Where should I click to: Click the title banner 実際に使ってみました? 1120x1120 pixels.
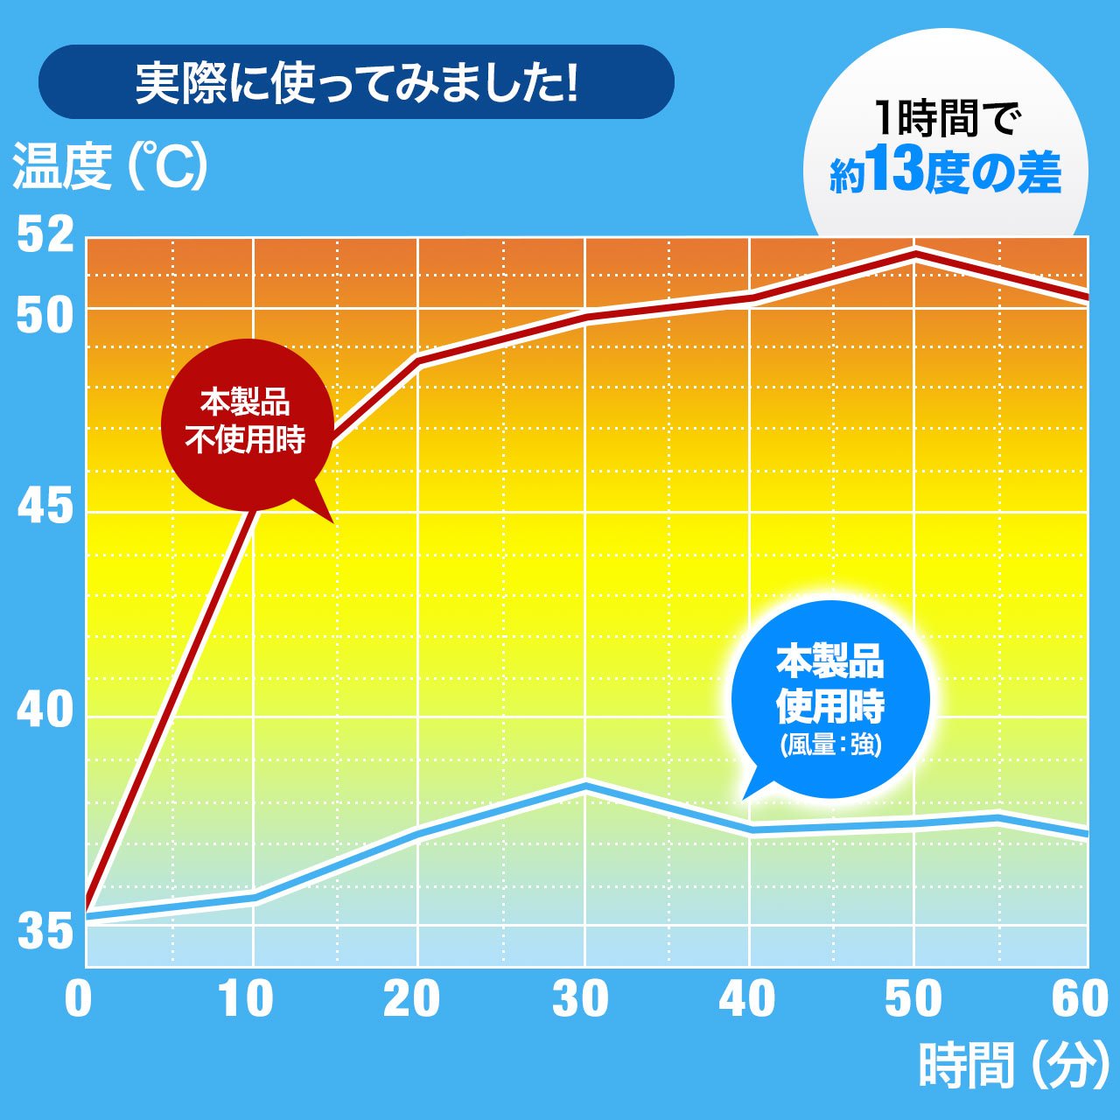point(356,82)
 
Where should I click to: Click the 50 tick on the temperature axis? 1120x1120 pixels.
point(45,316)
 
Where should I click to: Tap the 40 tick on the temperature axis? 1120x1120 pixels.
point(45,710)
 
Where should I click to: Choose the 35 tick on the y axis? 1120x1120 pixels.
point(45,932)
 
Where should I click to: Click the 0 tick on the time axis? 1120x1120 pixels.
point(78,998)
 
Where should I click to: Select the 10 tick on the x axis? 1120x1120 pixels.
point(246,998)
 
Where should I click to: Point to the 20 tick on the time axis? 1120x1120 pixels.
point(411,998)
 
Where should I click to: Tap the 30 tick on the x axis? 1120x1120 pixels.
point(579,998)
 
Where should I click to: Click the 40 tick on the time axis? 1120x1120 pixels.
point(746,998)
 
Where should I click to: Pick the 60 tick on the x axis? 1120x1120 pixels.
point(1079,998)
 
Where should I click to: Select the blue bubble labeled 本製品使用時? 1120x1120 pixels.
point(829,698)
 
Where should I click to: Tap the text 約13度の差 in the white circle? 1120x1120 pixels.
point(945,172)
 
